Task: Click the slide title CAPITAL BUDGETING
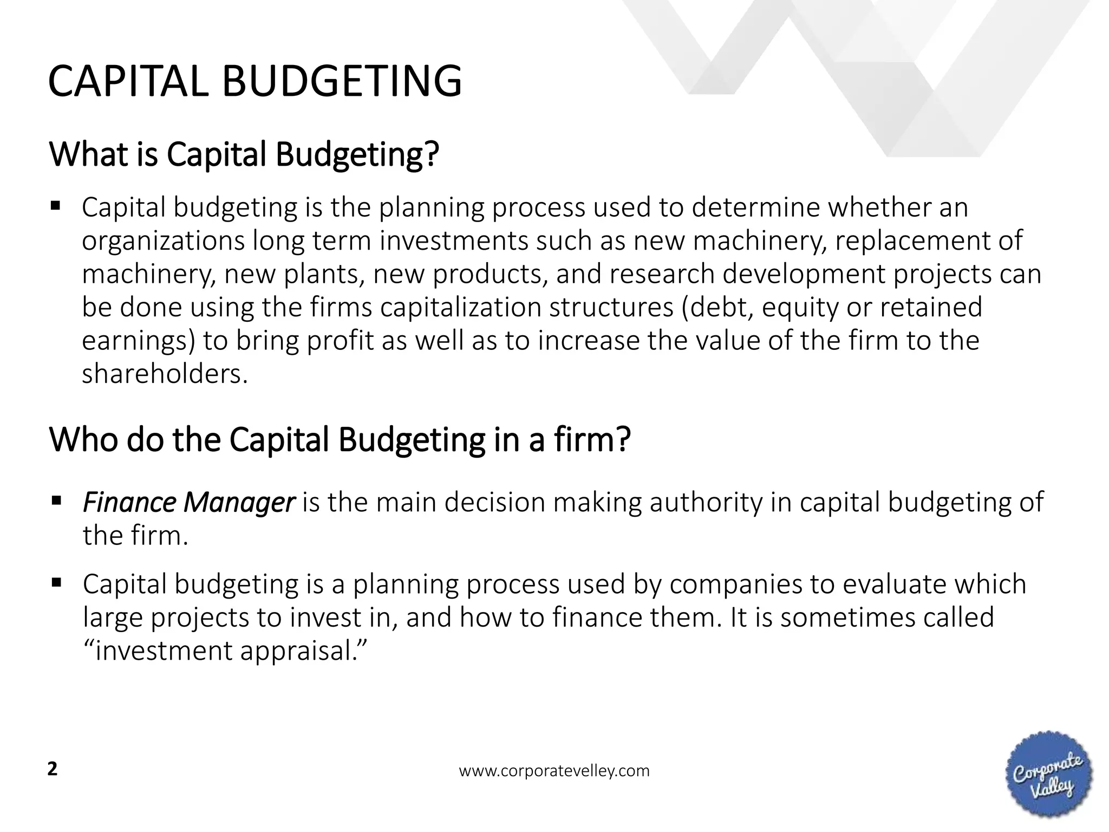255,82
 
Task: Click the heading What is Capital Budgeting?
244,154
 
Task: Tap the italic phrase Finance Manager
188,502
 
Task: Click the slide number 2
53,769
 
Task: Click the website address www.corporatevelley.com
554,771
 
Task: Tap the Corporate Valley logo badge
1048,775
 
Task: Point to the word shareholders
165,374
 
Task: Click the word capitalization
461,307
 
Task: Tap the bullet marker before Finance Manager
56,500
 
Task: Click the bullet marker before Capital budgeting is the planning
55,206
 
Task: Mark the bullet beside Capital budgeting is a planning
56,583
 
